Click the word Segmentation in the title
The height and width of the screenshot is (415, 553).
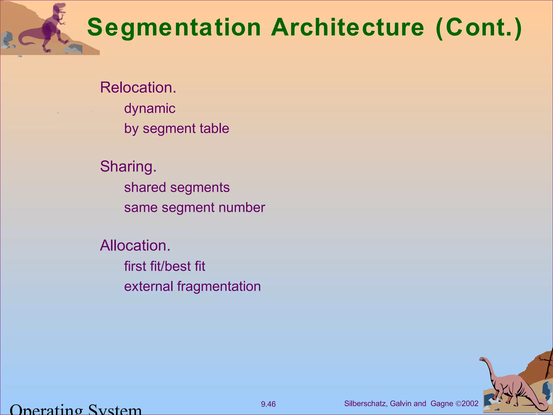(x=174, y=28)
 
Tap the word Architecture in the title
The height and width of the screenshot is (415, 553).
(x=348, y=28)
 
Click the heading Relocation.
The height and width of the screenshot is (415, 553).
(x=138, y=88)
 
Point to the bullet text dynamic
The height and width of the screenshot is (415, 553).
(x=150, y=109)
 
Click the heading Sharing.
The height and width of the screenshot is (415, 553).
(x=128, y=166)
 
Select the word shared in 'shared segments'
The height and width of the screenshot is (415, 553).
(x=145, y=188)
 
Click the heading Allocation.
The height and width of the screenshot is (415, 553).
(x=135, y=246)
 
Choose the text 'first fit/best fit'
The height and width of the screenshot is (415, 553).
(x=164, y=266)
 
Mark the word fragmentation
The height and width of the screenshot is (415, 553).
(x=219, y=286)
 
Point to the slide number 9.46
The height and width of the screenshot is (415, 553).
(x=268, y=404)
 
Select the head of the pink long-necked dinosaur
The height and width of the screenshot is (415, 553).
(x=482, y=359)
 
